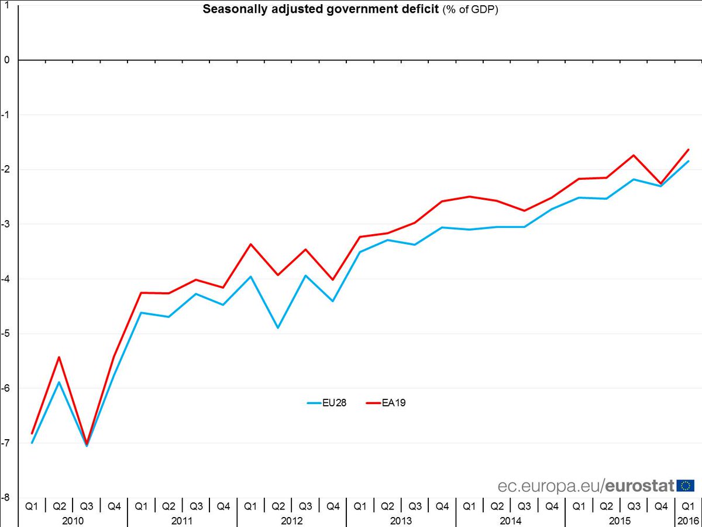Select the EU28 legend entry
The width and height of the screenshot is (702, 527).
[x=328, y=403]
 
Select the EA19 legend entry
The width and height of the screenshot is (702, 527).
[x=386, y=403]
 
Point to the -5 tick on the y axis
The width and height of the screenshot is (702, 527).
[x=8, y=334]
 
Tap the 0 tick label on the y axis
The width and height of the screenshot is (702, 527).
[x=7, y=60]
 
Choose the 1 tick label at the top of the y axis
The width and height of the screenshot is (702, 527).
[x=7, y=5]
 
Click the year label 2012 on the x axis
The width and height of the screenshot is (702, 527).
[x=291, y=520]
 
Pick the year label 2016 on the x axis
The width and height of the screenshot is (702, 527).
[x=685, y=520]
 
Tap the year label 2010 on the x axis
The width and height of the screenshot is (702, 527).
[x=73, y=520]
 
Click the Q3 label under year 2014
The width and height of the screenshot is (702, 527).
[x=524, y=506]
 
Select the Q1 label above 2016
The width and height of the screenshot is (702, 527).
[x=685, y=506]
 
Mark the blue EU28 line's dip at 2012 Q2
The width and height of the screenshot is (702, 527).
[x=278, y=327]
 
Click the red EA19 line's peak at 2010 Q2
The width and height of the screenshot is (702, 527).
[x=59, y=357]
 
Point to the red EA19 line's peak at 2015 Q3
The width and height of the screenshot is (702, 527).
[x=634, y=155]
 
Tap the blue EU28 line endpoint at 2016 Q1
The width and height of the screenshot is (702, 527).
[x=688, y=161]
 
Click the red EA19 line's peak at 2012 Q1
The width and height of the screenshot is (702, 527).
[x=251, y=244]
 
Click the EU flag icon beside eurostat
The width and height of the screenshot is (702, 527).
[x=685, y=485]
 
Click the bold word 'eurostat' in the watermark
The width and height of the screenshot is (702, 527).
[x=639, y=486]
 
